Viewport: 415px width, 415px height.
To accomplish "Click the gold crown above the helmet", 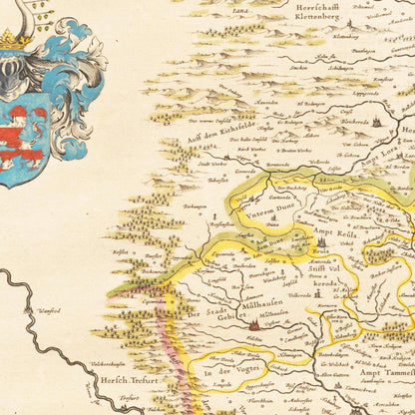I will [12, 40].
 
